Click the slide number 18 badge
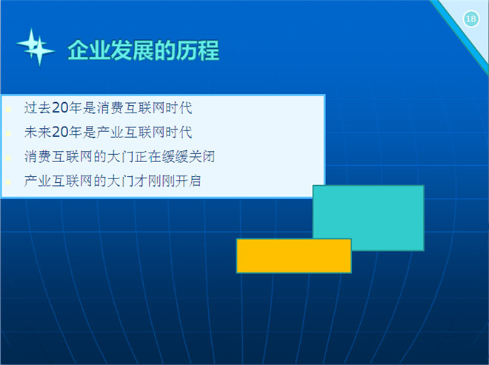point(471,19)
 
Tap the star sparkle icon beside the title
point(36,47)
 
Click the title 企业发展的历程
point(144,50)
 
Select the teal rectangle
point(368,218)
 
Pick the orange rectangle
point(294,256)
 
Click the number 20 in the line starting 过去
point(60,108)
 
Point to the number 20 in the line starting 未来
point(60,132)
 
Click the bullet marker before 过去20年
point(8,109)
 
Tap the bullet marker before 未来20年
point(8,134)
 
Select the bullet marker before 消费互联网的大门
point(8,158)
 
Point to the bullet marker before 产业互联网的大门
point(8,182)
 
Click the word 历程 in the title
point(198,50)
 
